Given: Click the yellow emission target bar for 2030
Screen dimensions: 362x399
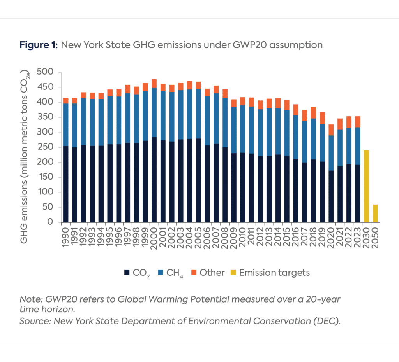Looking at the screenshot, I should tap(366, 186).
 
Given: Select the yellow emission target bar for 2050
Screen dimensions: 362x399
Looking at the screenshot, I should tap(375, 213).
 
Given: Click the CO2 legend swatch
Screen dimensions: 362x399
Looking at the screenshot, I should tap(127, 273).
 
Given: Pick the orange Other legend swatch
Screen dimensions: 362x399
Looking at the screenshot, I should tap(194, 273).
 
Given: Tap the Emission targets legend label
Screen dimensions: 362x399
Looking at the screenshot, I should tap(274, 273).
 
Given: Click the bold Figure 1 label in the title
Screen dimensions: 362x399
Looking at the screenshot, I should tap(39, 45).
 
